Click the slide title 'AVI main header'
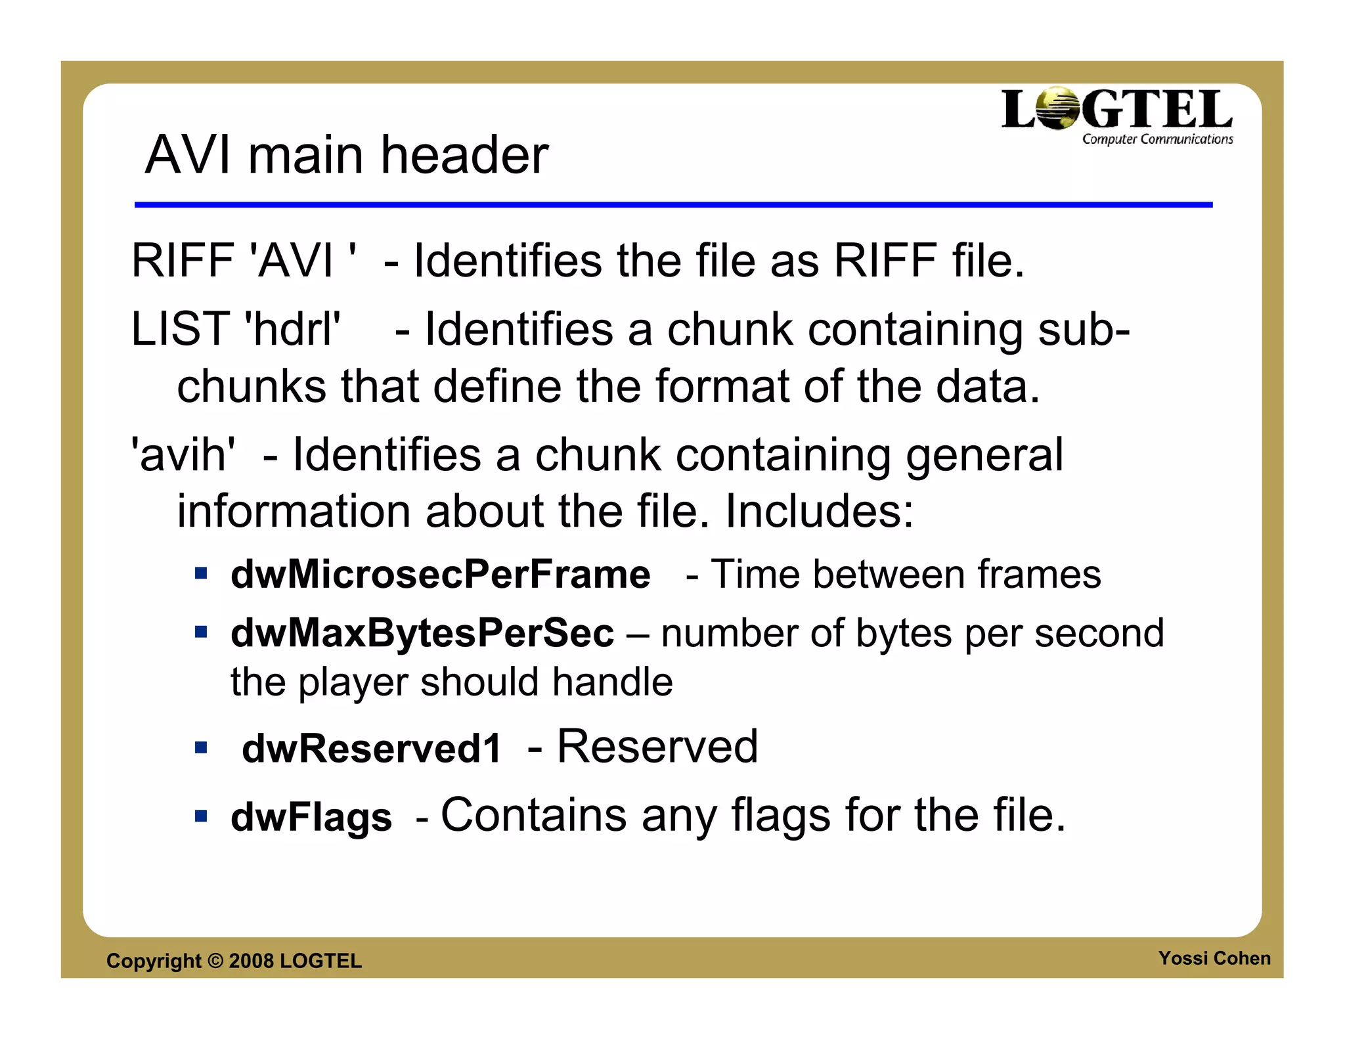pos(346,155)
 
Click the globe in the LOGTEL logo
pos(1058,108)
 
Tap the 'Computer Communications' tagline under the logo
pos(1157,139)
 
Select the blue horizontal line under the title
pos(673,205)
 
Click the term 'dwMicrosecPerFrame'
pos(440,575)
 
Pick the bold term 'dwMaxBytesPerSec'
pos(422,633)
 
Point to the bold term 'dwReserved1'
pos(372,748)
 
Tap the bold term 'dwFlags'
pos(311,817)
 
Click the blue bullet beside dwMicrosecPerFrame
pos(201,574)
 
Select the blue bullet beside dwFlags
pos(201,816)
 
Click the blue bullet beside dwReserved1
pos(201,747)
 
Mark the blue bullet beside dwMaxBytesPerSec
pos(201,632)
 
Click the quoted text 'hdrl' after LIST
pos(292,328)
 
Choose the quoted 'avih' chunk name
pos(183,454)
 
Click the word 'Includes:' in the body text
pos(819,511)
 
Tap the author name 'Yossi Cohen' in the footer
pos(1214,958)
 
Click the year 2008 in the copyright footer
pos(251,961)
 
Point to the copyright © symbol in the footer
pos(215,961)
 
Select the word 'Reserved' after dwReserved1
pos(657,747)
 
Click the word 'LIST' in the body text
pos(180,328)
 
